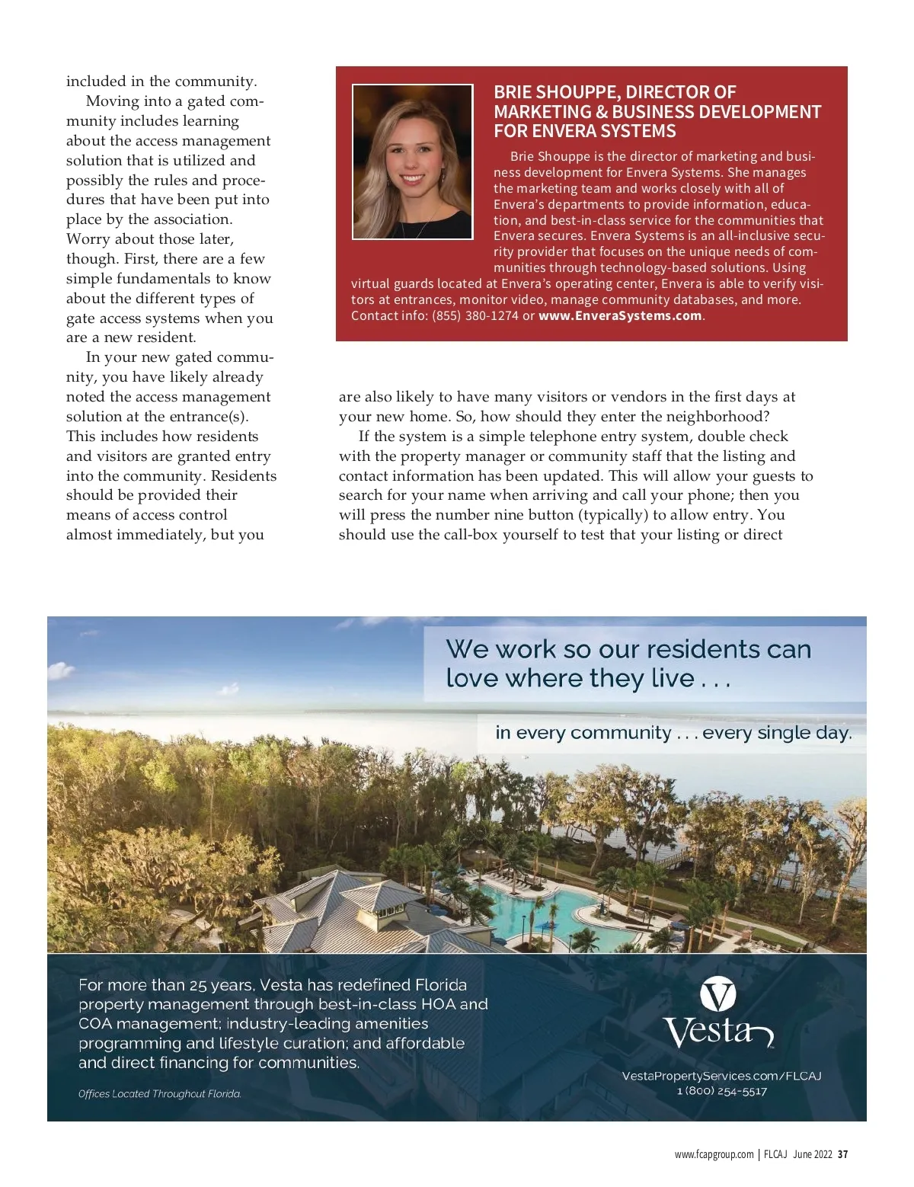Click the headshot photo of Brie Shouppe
pos(412,162)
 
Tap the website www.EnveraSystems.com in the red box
pos(620,315)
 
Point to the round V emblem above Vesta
pos(717,994)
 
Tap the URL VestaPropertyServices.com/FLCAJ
pos(721,1076)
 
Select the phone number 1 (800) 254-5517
pos(721,1091)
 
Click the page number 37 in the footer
pos(842,1154)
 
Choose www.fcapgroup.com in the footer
pos(714,1154)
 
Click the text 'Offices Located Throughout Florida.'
pos(160,1094)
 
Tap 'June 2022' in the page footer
pos(812,1154)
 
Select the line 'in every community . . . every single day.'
pos(673,733)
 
